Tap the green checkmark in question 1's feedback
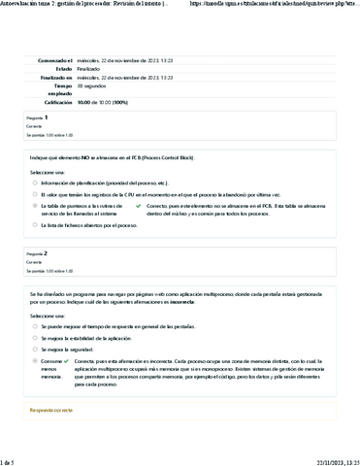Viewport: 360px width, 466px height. click(x=137, y=206)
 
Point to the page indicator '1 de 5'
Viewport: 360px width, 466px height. click(x=11, y=459)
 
